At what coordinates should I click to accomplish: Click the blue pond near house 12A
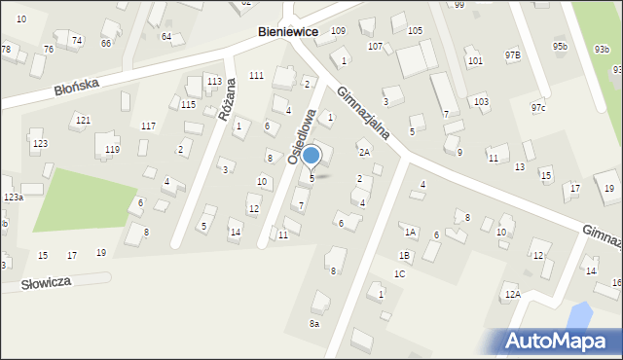(578, 315)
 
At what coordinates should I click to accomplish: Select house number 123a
(13, 198)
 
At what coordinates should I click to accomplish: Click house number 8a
(313, 324)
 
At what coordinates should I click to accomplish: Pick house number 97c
(537, 107)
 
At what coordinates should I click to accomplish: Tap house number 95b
(560, 46)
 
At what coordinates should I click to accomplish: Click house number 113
(214, 81)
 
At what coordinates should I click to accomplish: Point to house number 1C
(399, 274)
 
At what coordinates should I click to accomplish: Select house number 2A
(364, 152)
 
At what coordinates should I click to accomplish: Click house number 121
(83, 120)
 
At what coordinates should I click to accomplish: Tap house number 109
(338, 31)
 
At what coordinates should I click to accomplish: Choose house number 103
(481, 101)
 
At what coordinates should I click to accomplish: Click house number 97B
(512, 54)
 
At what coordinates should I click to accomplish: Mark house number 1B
(404, 255)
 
